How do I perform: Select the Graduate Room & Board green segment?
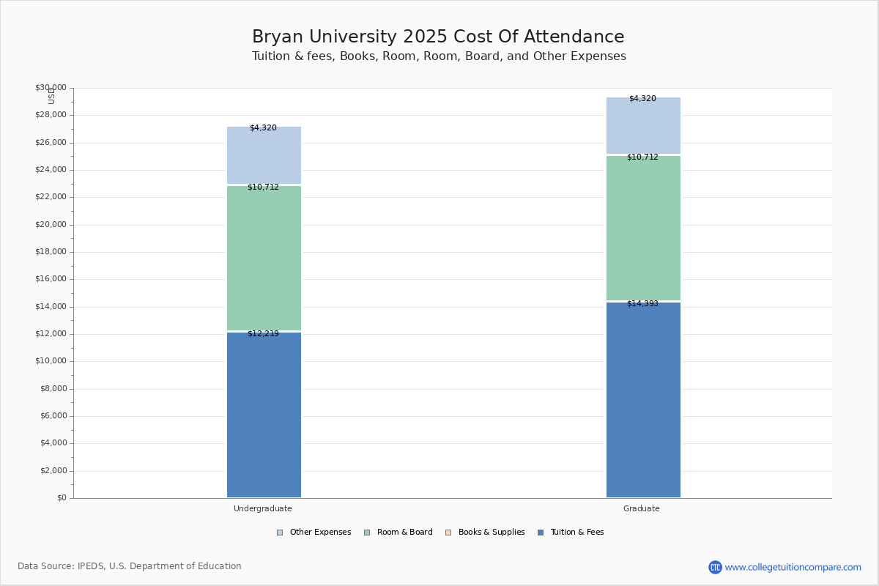(x=643, y=228)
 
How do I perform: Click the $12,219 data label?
(x=263, y=334)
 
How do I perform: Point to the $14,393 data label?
(x=642, y=304)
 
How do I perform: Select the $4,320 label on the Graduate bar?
(x=642, y=99)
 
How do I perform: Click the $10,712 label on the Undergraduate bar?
(x=263, y=188)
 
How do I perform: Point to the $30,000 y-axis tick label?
(x=51, y=88)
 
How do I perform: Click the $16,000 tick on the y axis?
(x=51, y=279)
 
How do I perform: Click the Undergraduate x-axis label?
(x=263, y=508)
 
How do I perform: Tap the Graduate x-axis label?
(x=642, y=508)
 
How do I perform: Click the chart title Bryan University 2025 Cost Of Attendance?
(x=438, y=37)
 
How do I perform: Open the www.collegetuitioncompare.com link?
(x=793, y=567)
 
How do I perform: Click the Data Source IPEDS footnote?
(x=130, y=566)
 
